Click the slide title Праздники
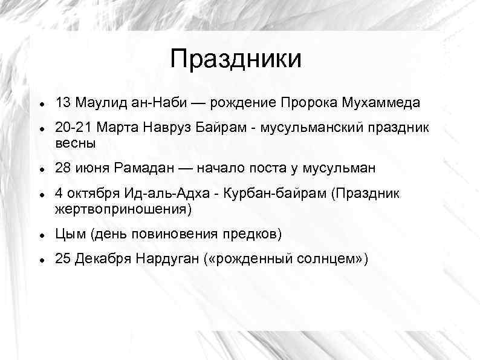tap(235, 59)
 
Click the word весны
tap(75, 144)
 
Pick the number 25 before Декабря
tap(63, 260)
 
